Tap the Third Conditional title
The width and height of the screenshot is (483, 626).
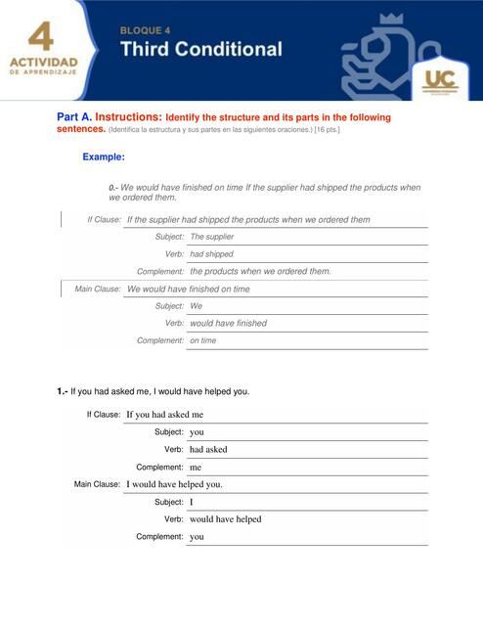(x=201, y=49)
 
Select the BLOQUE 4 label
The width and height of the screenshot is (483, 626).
(x=145, y=30)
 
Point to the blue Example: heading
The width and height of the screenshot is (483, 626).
(x=104, y=156)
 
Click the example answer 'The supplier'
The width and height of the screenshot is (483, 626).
(x=211, y=237)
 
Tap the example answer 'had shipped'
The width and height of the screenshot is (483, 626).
(x=211, y=254)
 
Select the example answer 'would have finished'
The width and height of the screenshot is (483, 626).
(x=228, y=323)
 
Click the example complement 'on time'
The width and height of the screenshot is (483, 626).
(x=203, y=340)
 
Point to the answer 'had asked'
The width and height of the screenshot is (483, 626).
(x=208, y=450)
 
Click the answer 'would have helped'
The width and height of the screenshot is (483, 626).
(x=225, y=519)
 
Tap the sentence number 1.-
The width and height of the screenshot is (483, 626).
(x=63, y=391)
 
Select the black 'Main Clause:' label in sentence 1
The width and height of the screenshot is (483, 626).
(x=97, y=484)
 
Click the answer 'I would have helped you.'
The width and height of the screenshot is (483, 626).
(x=174, y=484)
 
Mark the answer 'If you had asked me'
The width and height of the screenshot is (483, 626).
(x=164, y=415)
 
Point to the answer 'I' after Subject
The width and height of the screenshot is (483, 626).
(x=192, y=502)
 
